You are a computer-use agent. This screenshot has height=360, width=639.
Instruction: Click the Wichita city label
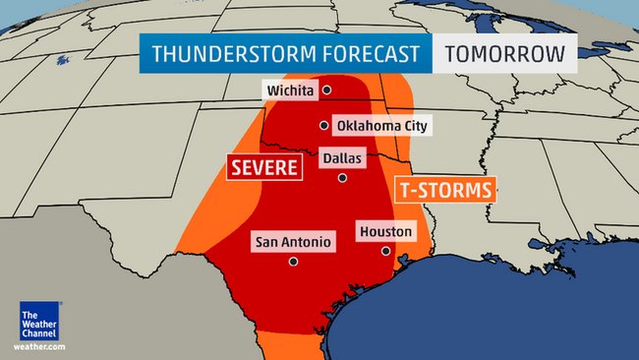289,90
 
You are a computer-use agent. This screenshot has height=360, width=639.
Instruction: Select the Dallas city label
342,157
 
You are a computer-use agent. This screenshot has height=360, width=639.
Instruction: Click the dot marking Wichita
326,90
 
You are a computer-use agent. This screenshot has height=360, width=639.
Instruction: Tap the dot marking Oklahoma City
322,125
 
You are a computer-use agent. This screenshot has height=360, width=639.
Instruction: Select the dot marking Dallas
342,177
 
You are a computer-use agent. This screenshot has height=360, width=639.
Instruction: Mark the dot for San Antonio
293,261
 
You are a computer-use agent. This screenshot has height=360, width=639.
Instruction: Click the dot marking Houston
385,251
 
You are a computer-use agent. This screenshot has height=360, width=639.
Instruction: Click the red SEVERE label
263,168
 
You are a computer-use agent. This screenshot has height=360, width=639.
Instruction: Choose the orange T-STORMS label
444,190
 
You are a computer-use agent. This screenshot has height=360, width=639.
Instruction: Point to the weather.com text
39,346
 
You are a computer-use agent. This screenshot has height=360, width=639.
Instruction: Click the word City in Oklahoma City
412,126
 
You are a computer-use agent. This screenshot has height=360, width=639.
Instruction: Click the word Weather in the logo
38,325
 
